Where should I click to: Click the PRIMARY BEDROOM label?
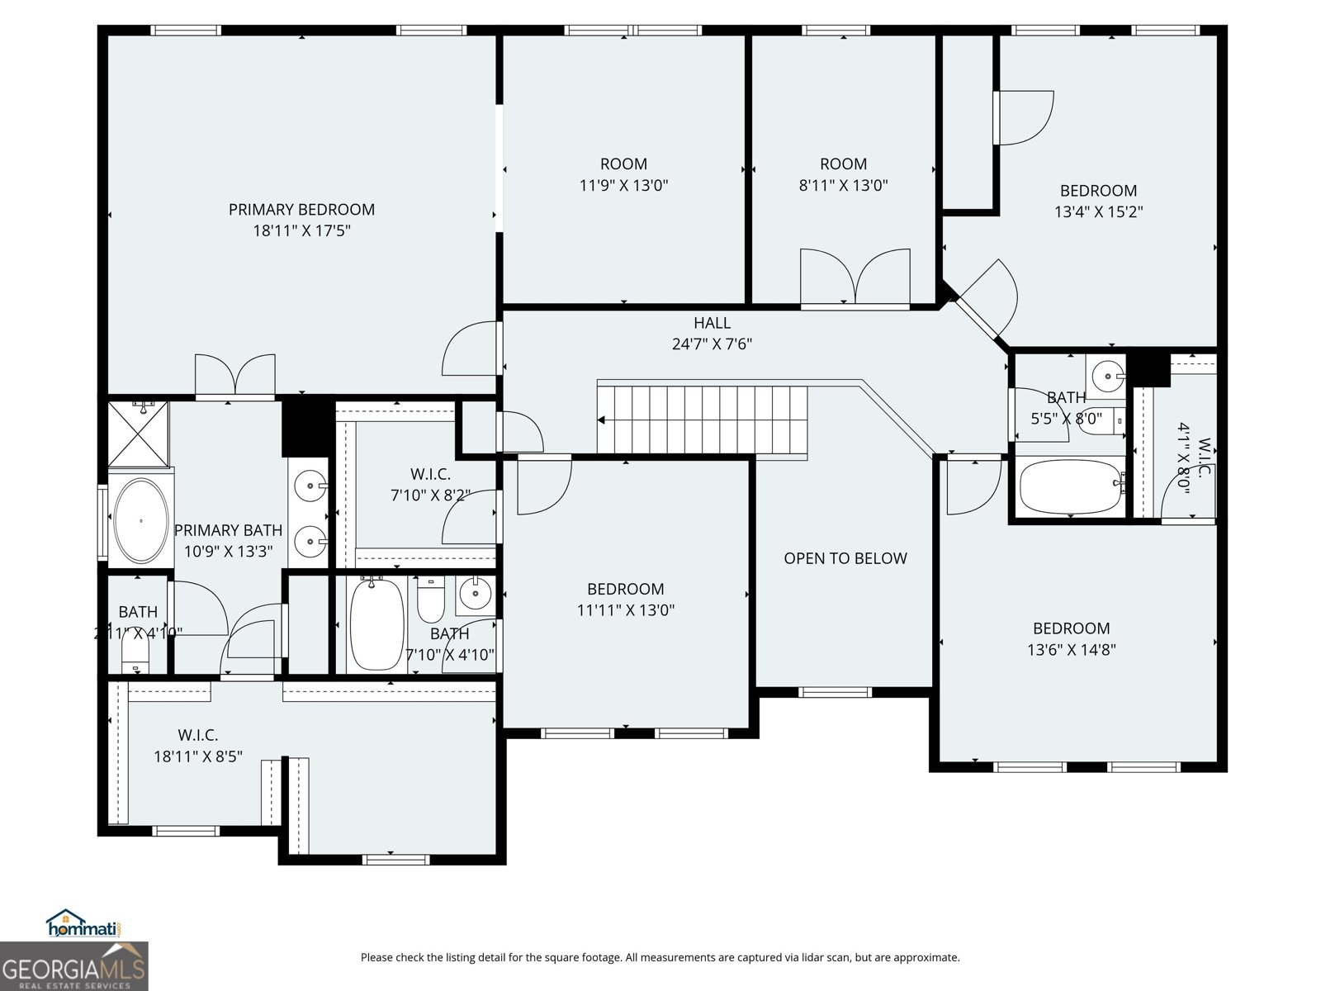pos(301,210)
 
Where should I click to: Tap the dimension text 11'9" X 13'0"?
pos(623,186)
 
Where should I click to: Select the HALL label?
pos(712,323)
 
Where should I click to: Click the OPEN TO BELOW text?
pos(845,558)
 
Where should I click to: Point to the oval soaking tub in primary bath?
pos(140,521)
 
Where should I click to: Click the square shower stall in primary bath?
pos(139,433)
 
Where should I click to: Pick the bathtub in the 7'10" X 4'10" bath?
pos(376,625)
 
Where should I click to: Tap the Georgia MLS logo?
pos(73,966)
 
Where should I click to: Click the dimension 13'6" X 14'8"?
pos(1072,650)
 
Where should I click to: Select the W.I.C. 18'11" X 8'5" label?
pos(198,746)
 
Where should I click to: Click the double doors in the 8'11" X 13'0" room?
pos(855,279)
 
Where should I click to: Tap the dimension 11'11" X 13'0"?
pos(626,610)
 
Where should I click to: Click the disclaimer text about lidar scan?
pos(660,958)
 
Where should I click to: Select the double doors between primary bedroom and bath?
pos(234,376)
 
